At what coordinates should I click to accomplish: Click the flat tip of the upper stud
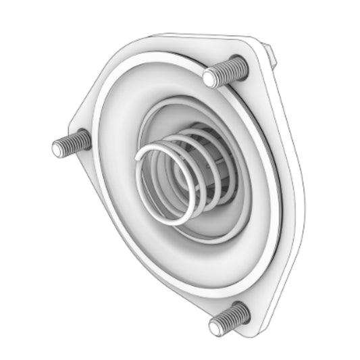tap(211, 79)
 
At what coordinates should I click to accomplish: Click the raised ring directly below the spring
tap(196, 257)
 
